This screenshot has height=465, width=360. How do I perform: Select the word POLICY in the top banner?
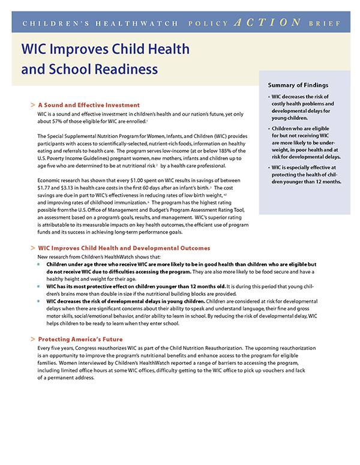[209, 23]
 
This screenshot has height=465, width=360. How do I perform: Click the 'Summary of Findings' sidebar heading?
[298, 85]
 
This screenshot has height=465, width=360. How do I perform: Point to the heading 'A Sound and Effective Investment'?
[89, 105]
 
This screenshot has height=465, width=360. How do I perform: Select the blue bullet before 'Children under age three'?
[40, 264]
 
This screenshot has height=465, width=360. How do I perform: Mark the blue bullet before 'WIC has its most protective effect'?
[40, 287]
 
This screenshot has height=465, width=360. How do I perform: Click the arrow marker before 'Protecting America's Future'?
[32, 339]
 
